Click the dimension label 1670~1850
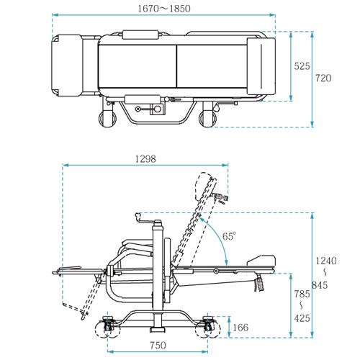pyautogui.click(x=164, y=9)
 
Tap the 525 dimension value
pyautogui.click(x=302, y=66)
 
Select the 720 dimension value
pyautogui.click(x=323, y=78)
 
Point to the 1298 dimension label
pyautogui.click(x=145, y=159)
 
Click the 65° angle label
pyautogui.click(x=229, y=236)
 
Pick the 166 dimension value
pyautogui.click(x=240, y=328)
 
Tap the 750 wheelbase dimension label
pyautogui.click(x=158, y=346)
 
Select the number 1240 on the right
pyautogui.click(x=326, y=261)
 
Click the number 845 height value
pyautogui.click(x=320, y=285)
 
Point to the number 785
pyautogui.click(x=302, y=294)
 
